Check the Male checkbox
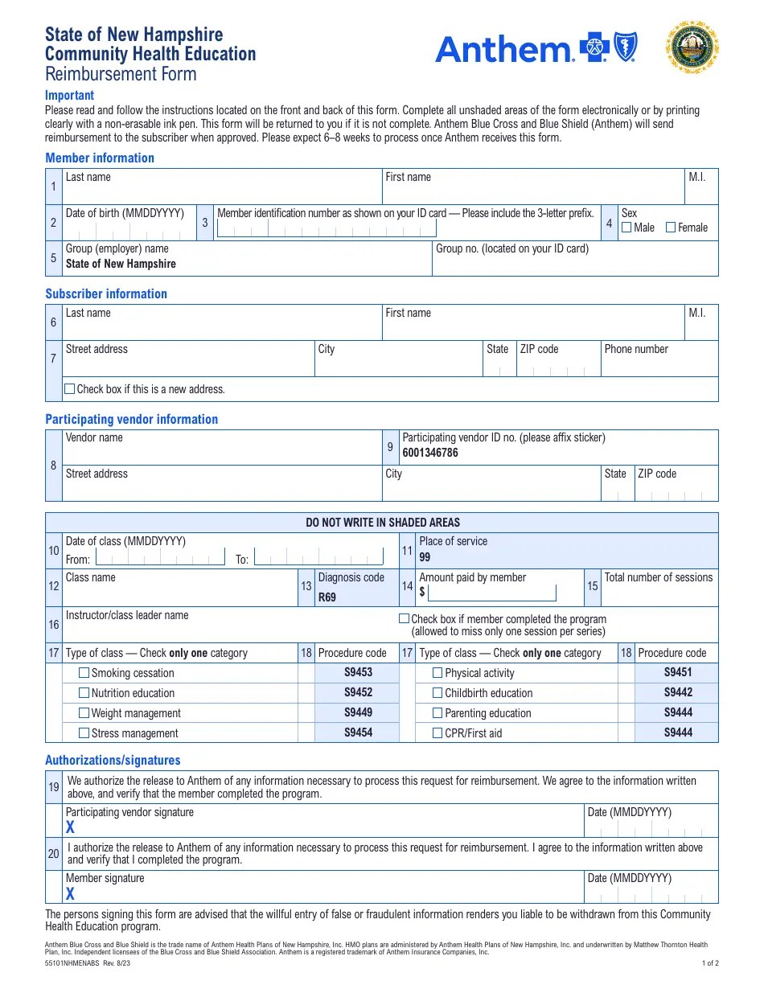click(626, 228)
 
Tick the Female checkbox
click(671, 228)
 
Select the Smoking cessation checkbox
click(84, 673)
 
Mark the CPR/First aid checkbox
click(437, 733)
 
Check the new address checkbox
click(70, 389)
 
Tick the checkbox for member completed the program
click(405, 619)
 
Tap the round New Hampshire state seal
click(692, 47)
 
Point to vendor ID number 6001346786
click(430, 453)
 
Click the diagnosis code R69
click(327, 597)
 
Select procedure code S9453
click(358, 672)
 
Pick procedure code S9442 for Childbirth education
click(678, 692)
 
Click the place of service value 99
click(425, 556)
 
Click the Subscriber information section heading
click(106, 293)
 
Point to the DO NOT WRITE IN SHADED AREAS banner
click(383, 523)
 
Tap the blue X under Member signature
click(71, 893)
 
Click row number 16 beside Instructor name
click(54, 624)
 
